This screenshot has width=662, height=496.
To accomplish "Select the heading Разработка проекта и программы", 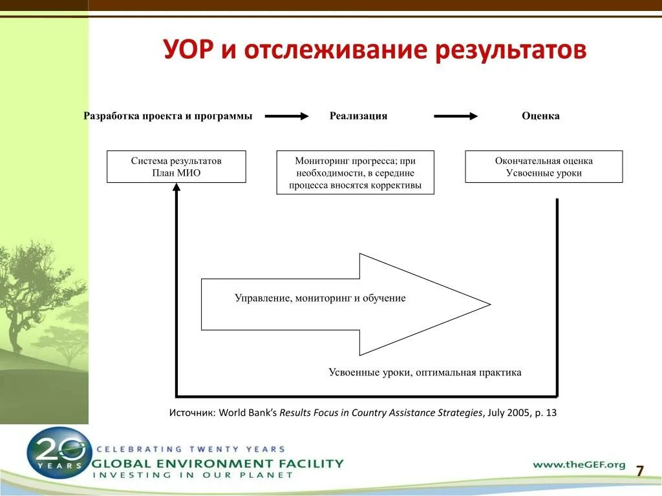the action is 168,116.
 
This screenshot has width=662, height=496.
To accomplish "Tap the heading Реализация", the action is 358,116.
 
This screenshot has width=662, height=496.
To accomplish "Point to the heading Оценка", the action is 540,116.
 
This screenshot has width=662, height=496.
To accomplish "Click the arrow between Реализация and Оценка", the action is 456,116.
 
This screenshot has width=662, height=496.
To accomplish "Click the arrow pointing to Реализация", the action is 287,116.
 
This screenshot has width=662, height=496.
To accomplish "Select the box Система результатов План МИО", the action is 176,167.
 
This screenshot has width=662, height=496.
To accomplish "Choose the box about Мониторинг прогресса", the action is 355,172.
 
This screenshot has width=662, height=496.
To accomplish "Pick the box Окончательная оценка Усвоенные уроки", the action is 544,167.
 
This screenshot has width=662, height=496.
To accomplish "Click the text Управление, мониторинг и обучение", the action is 320,298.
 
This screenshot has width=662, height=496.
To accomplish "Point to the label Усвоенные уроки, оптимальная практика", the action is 425,373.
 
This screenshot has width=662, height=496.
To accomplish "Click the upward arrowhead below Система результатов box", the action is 176,187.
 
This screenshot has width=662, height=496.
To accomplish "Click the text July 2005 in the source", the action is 507,413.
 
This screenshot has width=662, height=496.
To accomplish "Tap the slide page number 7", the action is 640,471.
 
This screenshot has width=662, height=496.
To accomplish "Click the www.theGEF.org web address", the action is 579,464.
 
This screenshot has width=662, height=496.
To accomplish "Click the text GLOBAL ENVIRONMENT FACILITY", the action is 218,463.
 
